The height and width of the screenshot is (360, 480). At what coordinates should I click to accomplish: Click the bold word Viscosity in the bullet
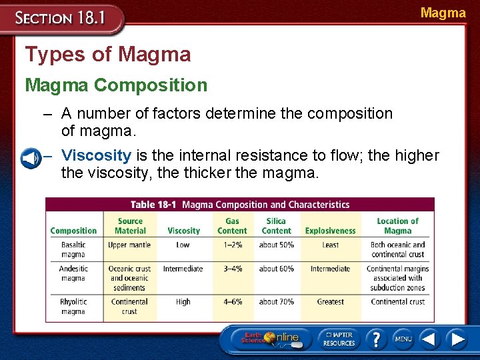96,156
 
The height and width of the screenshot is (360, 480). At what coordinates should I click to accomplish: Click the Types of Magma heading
107,54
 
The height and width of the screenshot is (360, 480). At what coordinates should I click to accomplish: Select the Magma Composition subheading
116,85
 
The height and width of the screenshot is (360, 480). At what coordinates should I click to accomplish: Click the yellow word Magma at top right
443,13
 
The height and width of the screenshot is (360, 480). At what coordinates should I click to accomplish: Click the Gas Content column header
232,226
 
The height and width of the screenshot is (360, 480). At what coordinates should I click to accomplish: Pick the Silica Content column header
276,226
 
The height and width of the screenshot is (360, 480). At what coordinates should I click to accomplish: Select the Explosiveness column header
330,231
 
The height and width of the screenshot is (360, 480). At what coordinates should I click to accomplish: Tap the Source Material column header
130,226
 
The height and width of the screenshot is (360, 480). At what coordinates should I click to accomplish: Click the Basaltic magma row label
73,249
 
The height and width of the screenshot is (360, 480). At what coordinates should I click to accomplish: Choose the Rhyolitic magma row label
73,307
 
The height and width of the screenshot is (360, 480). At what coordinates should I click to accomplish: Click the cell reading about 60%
276,269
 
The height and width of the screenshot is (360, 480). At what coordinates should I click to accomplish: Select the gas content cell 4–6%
232,302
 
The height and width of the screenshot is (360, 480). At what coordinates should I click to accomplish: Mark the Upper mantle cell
129,245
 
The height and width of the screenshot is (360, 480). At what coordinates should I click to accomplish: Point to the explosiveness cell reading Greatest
330,302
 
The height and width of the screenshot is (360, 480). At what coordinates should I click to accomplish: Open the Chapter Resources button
338,339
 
